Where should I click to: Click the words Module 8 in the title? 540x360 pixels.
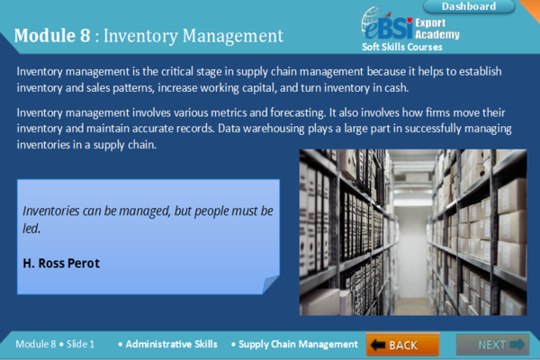[52, 36]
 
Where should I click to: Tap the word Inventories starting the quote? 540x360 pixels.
[52, 211]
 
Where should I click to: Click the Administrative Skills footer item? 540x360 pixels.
[171, 344]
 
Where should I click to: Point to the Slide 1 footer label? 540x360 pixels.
[79, 344]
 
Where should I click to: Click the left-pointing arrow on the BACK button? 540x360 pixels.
[377, 345]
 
